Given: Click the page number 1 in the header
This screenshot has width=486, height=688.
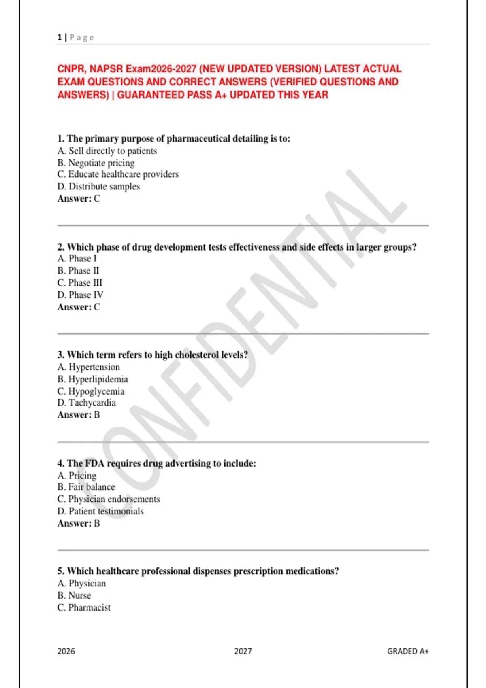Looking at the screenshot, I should coord(60,38).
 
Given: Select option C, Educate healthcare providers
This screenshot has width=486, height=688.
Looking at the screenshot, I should coord(118,174).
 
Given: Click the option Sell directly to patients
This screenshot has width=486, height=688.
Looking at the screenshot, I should coord(107,151).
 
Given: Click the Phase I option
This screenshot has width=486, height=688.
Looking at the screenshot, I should coord(77,259).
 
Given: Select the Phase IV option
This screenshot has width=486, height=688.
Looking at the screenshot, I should coord(80,295).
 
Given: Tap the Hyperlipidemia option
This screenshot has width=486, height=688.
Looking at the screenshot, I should coord(93,379).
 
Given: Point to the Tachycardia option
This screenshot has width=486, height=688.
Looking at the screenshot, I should coord(87,403).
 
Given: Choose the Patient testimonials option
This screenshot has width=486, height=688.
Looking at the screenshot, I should coord(100,511).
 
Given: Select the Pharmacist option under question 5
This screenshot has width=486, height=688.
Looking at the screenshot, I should coord(84,607).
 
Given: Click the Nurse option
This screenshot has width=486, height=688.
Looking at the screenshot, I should coord(74,595).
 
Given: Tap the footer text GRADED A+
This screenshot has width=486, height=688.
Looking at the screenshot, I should coord(407,651).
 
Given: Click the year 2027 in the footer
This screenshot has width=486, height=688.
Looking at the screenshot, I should coord(243,651).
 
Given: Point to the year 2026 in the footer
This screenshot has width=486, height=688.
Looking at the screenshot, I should coord(66,651).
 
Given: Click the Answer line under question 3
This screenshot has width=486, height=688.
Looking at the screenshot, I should coord(79,415).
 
